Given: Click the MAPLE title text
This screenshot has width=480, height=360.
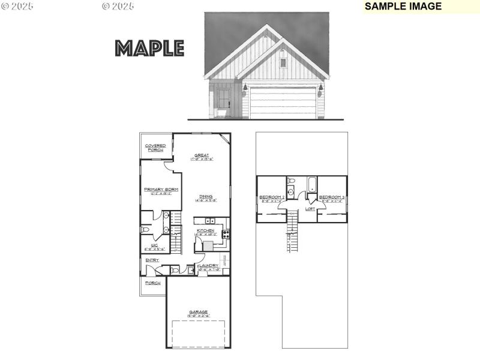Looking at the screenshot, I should [x=149, y=48].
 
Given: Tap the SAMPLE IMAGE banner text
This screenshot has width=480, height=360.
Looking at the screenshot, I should [x=403, y=7].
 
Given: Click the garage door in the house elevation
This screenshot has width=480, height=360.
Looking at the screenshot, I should [x=283, y=103].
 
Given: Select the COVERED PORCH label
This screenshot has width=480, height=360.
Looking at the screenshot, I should [x=155, y=147].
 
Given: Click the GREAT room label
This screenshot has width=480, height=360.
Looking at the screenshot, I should [x=201, y=155].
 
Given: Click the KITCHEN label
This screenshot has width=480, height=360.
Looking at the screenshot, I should [x=205, y=231].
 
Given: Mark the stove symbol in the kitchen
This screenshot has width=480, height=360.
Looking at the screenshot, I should [x=227, y=235].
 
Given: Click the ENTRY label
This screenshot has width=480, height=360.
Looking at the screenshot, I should [x=152, y=260].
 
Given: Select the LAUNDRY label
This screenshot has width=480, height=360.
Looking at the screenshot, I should [x=209, y=266].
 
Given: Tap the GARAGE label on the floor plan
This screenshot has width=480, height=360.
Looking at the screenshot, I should [x=198, y=312].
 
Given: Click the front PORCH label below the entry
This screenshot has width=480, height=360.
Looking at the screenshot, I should [x=152, y=283].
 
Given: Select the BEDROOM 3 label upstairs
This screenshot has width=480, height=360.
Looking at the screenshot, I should [x=331, y=197].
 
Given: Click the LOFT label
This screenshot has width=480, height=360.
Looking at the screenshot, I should [x=310, y=209].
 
